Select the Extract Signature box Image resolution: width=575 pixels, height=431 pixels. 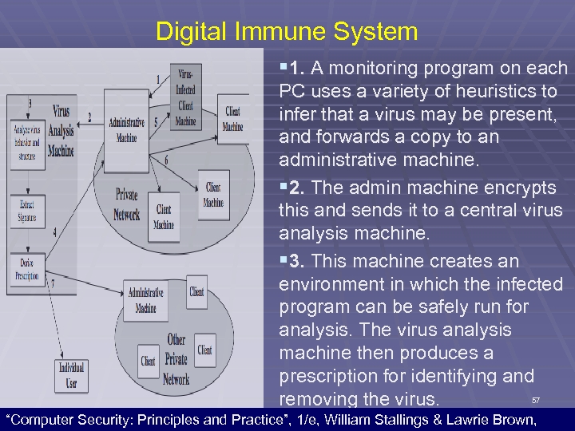pyautogui.click(x=27, y=212)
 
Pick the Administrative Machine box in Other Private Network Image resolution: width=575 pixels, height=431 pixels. pyautogui.click(x=145, y=300)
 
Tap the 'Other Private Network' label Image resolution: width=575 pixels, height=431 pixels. pyautogui.click(x=176, y=359)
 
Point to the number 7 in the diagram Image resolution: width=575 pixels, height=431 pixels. pyautogui.click(x=53, y=283)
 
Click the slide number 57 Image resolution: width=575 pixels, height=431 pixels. pyautogui.click(x=536, y=399)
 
